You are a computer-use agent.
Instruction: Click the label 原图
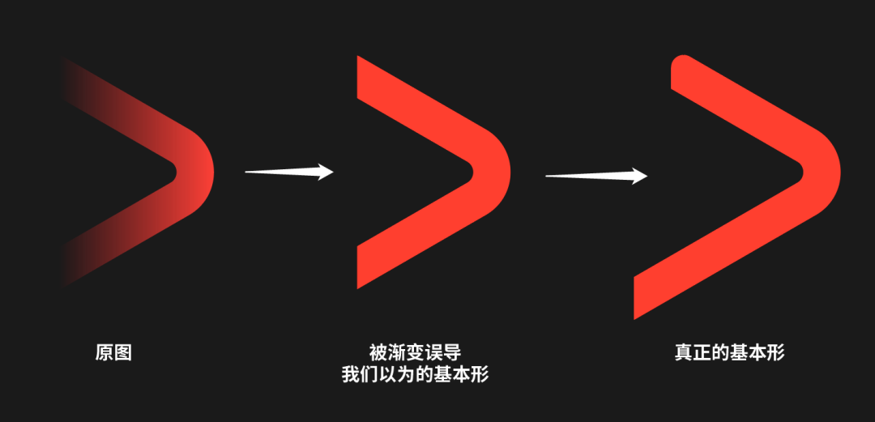[x=113, y=353]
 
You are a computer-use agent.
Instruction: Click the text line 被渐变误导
[x=415, y=352]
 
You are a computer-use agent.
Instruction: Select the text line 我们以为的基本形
[x=415, y=375]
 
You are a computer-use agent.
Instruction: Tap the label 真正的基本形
[x=729, y=352]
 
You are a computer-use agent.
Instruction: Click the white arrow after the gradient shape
[x=289, y=172]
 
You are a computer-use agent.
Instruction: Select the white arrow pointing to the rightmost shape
[x=596, y=175]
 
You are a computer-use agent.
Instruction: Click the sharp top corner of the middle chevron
[x=361, y=62]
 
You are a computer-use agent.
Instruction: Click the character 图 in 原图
[x=122, y=353]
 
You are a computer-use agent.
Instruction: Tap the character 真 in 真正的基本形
[x=683, y=352]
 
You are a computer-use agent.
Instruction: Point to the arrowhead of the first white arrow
[x=326, y=172]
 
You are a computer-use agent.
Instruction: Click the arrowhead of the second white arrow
[x=639, y=176]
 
